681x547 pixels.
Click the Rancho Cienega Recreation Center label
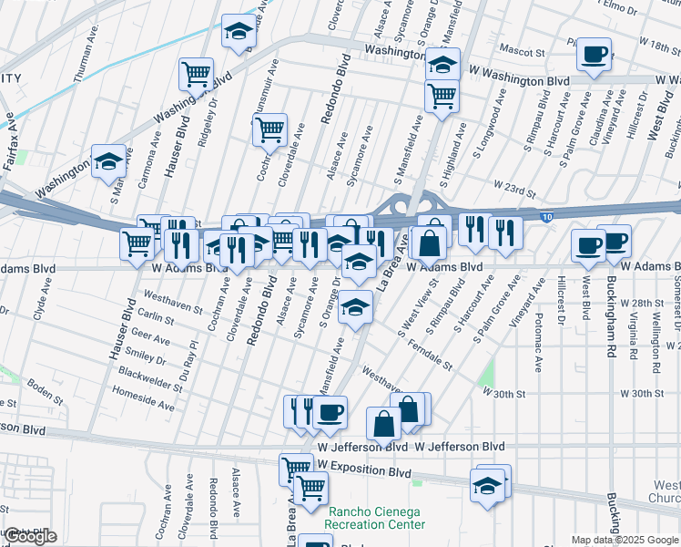[376, 518]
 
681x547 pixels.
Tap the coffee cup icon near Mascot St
[594, 55]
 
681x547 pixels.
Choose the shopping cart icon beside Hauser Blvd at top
[196, 74]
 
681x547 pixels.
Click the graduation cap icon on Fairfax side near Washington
[108, 161]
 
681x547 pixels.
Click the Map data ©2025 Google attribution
[625, 540]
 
